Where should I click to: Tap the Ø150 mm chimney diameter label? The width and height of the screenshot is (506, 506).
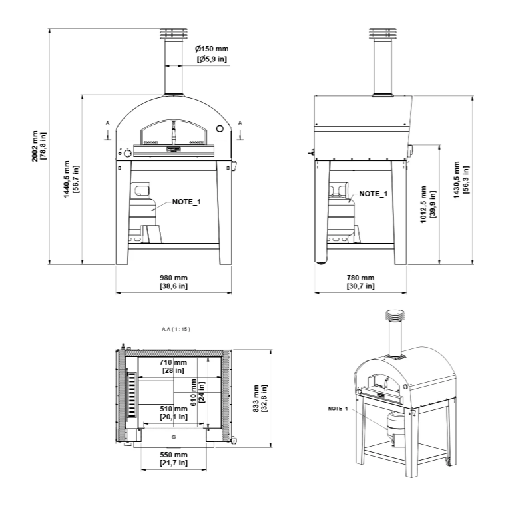212,54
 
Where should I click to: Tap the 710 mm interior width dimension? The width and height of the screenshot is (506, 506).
173,366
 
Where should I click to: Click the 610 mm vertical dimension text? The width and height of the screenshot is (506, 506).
198,393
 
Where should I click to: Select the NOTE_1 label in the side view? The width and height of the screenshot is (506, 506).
373,194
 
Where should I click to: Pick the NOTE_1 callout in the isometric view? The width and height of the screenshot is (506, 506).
338,408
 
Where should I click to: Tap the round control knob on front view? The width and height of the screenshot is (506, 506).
126,154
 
